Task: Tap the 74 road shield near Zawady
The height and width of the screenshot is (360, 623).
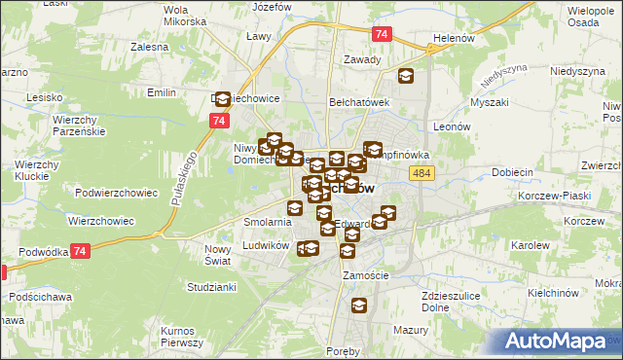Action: click(382, 34)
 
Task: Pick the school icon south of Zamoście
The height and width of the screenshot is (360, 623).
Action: click(358, 306)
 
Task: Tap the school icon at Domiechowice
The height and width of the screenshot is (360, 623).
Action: click(221, 98)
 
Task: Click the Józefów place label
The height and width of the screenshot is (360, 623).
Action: click(273, 7)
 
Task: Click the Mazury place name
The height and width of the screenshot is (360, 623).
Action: click(413, 331)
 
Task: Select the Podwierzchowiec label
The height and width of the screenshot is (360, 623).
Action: click(116, 193)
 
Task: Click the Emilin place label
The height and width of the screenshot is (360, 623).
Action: click(160, 92)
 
